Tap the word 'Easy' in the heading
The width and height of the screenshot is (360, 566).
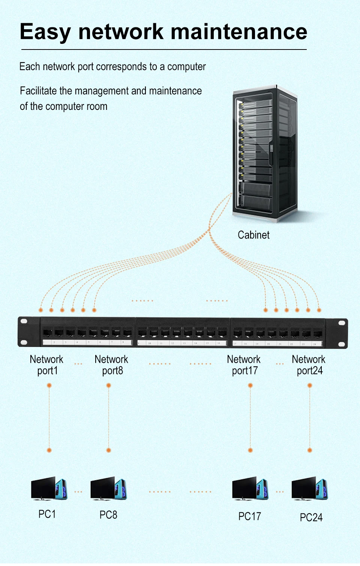point(45,32)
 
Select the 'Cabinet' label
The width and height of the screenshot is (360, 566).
point(253,235)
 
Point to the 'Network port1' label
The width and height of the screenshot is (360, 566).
point(46,365)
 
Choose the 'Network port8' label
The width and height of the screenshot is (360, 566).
point(111,365)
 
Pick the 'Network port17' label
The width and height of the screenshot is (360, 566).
point(244,365)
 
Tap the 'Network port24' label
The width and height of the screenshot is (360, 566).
point(309,365)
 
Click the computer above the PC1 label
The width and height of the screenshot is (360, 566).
point(49,489)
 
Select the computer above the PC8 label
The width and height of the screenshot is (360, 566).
point(108,489)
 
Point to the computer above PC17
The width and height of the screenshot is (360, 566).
point(250,489)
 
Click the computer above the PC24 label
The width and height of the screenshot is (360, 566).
point(310,489)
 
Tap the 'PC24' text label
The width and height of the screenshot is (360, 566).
point(311,518)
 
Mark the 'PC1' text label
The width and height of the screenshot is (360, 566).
point(47,514)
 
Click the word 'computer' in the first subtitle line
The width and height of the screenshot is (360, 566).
point(186,67)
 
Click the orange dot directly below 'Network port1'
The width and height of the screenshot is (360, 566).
point(49,386)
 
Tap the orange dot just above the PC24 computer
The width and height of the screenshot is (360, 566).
point(310,450)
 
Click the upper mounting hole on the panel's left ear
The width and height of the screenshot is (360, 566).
point(24,321)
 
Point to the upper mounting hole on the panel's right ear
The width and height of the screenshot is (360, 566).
point(342,323)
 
